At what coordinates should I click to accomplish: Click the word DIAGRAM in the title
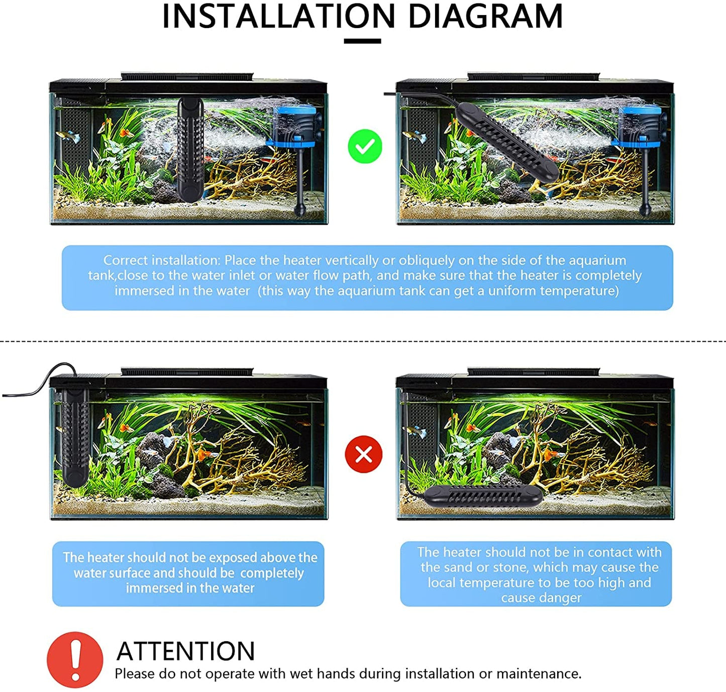coord(486,16)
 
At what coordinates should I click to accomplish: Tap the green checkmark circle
coord(365,146)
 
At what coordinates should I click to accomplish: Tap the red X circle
coord(364,454)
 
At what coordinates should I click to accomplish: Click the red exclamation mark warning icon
coord(75,660)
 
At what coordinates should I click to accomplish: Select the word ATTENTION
coord(186,651)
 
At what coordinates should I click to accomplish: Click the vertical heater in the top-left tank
coord(190,149)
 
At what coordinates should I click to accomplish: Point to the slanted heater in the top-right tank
coord(506,142)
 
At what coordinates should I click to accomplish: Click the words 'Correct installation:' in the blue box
coord(161,260)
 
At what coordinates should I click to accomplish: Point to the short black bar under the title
coord(362,41)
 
